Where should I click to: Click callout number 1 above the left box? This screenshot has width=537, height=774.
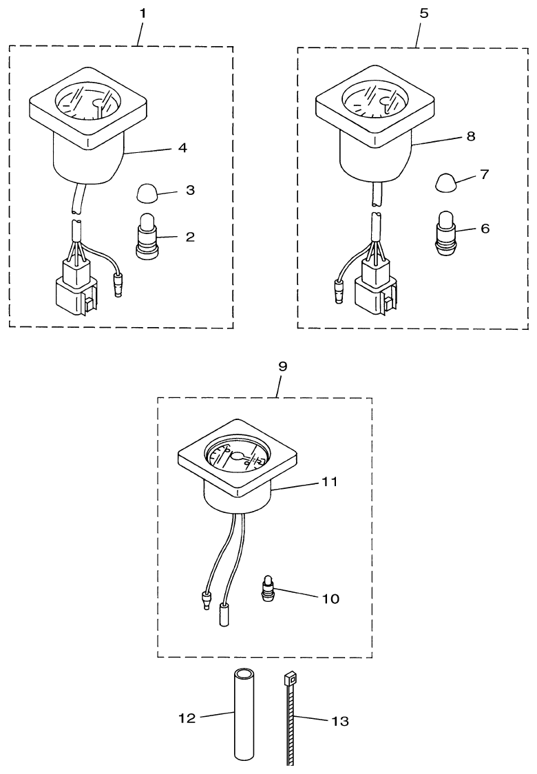pos(142,13)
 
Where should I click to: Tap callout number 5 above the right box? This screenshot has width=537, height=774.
pos(423,13)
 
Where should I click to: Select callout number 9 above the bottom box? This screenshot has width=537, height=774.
pos(282,366)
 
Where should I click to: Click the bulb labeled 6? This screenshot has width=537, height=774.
pos(447,233)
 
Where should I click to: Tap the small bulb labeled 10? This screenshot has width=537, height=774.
pos(268,588)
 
